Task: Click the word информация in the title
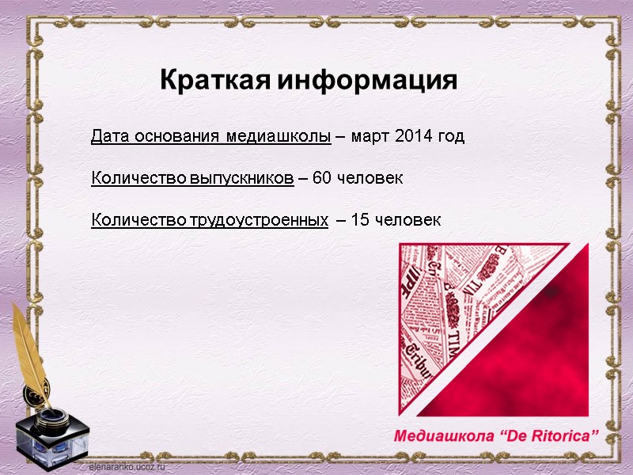367,81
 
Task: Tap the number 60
323,178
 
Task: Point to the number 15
359,220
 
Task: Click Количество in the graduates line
138,178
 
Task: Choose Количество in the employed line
138,220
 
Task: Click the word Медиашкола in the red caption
445,435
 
